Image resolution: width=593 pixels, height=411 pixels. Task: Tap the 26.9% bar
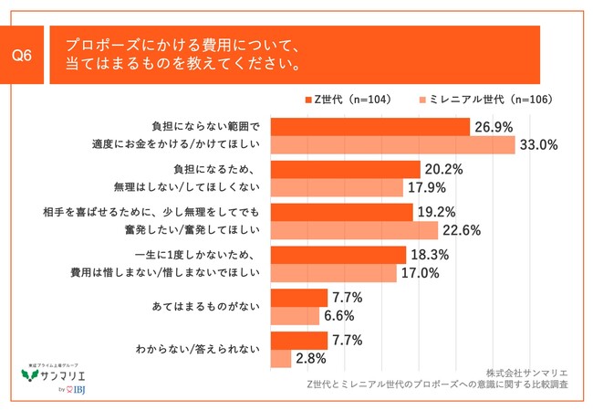coord(370,127)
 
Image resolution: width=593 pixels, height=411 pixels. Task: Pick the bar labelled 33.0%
coord(393,144)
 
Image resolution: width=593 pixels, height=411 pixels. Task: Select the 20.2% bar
coord(346,170)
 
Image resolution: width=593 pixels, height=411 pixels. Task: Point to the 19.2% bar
coord(342,213)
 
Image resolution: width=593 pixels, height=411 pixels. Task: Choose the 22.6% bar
coord(355,230)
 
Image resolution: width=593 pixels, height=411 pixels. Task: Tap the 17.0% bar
coord(334,273)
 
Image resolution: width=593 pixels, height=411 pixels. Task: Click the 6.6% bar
coord(295,316)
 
